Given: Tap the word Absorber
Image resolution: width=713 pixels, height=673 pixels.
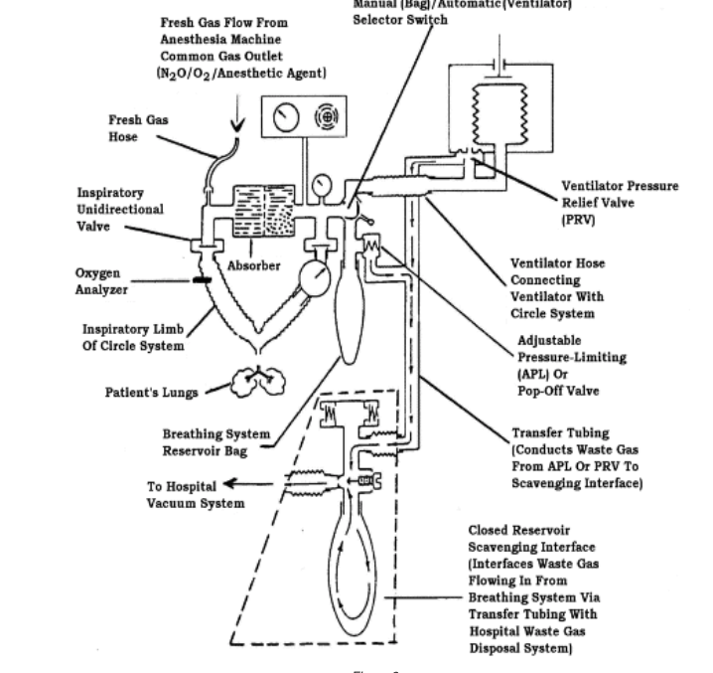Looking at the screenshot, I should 255,265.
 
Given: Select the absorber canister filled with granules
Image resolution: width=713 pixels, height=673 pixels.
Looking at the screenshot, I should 262,211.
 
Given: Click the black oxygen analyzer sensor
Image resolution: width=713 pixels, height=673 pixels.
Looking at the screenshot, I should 204,281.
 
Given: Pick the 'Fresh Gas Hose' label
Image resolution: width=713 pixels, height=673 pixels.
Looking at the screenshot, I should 138,128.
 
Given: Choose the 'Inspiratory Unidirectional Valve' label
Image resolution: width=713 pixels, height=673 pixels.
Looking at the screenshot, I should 120,210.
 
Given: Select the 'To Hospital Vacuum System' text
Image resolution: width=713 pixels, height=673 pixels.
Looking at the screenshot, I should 196,494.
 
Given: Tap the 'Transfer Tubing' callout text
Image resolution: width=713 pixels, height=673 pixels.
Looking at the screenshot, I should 576,458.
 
